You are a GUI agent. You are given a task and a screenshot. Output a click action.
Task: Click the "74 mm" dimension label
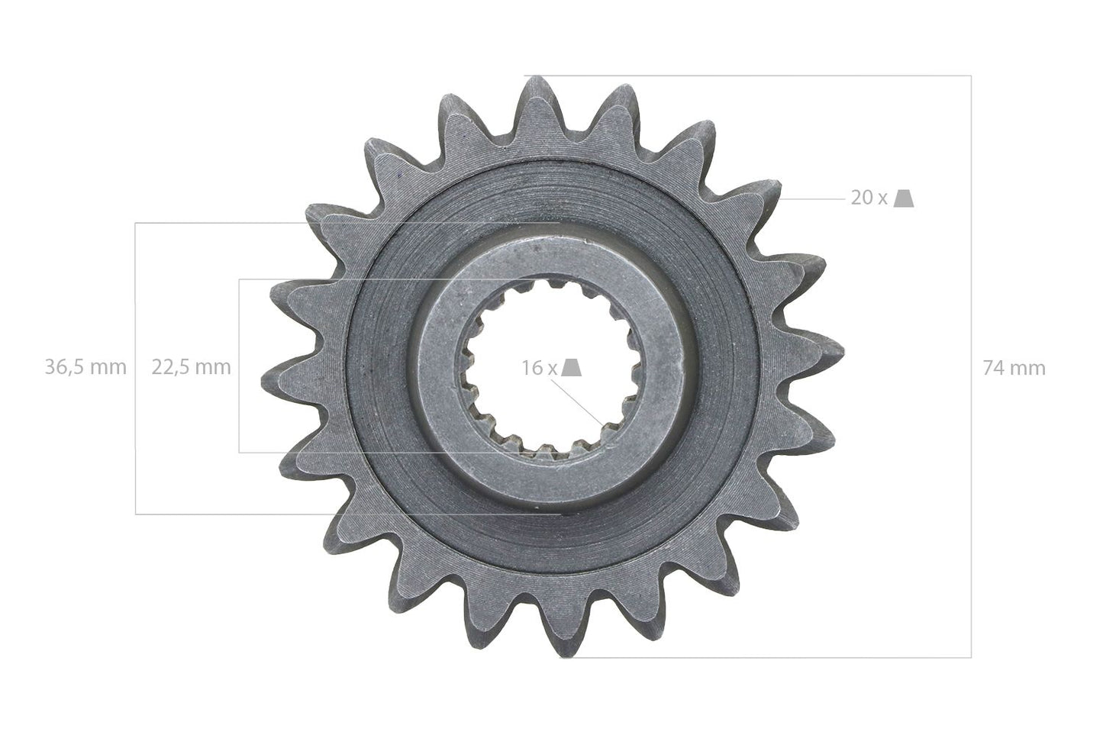1014,368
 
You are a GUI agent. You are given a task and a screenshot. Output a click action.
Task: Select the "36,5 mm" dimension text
85,367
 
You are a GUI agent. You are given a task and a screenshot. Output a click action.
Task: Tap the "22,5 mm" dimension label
191,367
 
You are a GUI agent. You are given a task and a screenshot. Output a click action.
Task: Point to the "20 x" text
869,198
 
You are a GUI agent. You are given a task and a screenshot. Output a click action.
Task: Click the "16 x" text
540,368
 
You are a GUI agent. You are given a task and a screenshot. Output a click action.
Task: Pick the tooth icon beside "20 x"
904,198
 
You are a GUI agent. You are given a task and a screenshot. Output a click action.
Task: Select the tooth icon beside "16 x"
573,368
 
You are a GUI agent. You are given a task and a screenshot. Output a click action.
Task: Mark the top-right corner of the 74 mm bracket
971,76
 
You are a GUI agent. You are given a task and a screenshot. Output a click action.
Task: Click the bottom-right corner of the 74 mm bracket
971,657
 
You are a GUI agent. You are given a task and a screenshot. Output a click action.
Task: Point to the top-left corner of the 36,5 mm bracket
135,223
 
